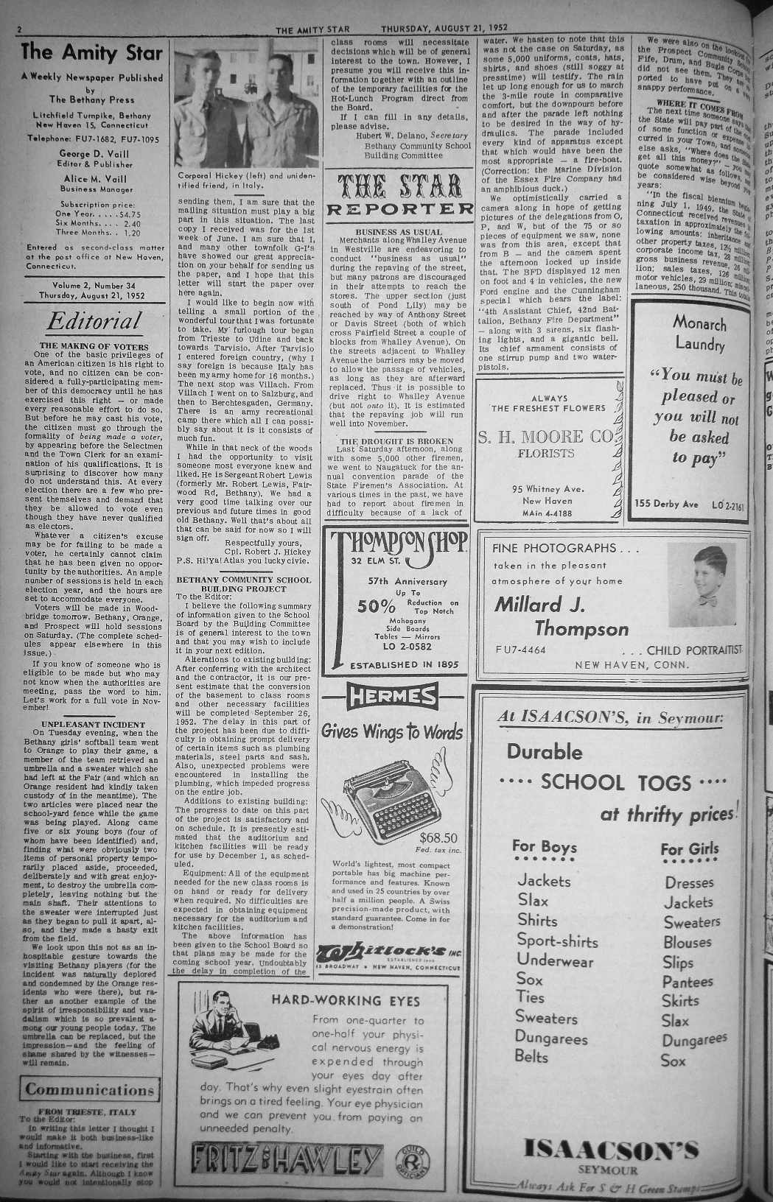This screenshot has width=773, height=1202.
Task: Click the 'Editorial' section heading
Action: (x=94, y=321)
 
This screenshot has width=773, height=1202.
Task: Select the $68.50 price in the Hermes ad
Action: (x=438, y=837)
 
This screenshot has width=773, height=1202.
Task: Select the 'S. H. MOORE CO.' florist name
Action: (x=546, y=437)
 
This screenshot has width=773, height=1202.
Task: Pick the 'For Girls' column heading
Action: (x=689, y=849)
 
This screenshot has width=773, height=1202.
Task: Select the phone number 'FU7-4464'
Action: (x=521, y=650)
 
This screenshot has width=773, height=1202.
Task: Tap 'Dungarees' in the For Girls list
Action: (x=693, y=1040)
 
